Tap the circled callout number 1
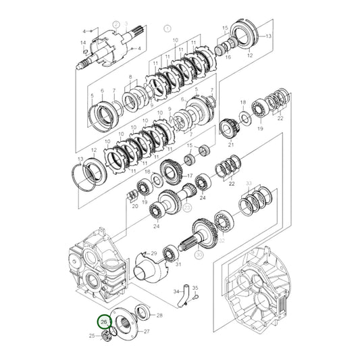pos(168,30)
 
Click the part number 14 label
pos(83,43)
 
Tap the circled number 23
pos(187,209)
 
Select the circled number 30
pos(199,256)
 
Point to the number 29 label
pos(154,253)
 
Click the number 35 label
pos(195,288)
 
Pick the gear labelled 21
pos(230,128)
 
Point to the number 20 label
pos(135,206)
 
